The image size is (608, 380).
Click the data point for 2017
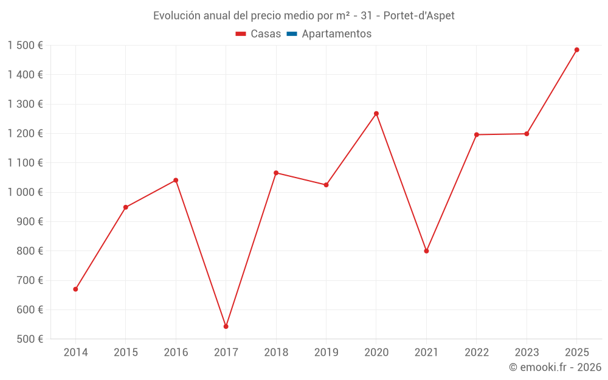point(226,326)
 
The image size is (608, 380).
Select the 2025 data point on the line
point(577,50)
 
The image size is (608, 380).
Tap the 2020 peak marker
point(376,114)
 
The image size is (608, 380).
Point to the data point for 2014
point(75,289)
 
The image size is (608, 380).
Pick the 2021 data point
point(426,251)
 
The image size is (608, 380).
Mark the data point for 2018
point(276,173)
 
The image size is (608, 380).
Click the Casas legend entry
point(258,34)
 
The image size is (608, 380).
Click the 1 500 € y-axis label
point(26,46)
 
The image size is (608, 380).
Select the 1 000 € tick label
point(26,192)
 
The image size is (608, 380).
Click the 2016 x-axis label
point(176,353)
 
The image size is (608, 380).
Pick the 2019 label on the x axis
point(326,353)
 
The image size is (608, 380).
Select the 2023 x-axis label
point(527,353)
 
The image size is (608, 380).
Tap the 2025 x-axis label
point(577,353)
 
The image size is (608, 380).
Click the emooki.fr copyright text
point(555,367)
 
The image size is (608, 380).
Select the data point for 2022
point(477,134)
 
